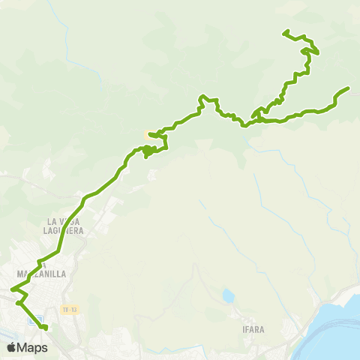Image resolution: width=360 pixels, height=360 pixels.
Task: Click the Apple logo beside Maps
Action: [x=11, y=347]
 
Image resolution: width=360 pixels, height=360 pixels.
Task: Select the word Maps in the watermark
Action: [x=32, y=347]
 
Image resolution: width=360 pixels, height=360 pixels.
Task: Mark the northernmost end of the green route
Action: [x=284, y=31]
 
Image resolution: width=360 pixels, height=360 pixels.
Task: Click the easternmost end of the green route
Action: [x=349, y=89]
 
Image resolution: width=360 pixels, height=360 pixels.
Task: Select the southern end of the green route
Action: [x=45, y=328]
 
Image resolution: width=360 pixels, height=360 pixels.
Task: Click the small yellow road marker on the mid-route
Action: [x=148, y=133]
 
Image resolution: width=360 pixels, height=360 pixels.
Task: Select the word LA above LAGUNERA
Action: [x=52, y=222]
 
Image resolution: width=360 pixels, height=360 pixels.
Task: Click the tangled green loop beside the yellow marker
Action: [x=150, y=150]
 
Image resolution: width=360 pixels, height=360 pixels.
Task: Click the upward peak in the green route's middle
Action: [x=202, y=97]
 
